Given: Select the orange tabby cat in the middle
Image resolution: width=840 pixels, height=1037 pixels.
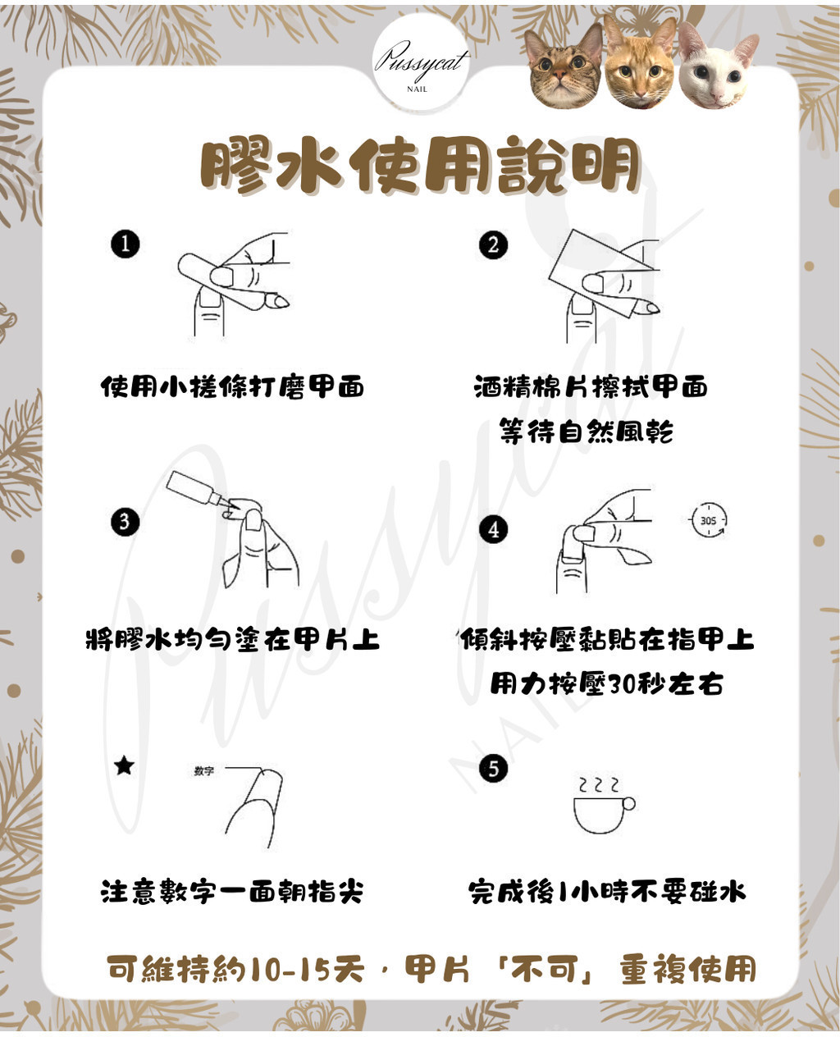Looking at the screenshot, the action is [x=640, y=62].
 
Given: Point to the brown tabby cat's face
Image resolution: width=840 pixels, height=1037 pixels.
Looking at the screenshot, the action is [x=565, y=66].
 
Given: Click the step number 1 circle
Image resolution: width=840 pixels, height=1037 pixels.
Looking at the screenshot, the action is [x=125, y=244].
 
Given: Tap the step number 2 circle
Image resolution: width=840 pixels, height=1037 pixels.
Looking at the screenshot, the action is [x=493, y=245].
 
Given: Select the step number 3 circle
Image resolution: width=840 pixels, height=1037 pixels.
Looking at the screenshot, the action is [x=125, y=522].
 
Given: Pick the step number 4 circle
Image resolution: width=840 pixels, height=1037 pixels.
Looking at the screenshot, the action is [x=494, y=529].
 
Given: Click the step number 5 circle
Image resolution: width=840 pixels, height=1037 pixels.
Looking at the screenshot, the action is [x=494, y=770].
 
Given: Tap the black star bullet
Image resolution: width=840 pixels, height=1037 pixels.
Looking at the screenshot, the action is [x=124, y=765].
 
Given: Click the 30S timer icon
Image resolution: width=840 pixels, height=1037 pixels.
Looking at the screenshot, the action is [x=708, y=520].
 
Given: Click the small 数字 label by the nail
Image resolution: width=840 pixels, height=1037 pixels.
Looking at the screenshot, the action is [x=204, y=770].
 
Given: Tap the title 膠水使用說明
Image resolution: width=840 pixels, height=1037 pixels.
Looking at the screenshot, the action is [x=419, y=165].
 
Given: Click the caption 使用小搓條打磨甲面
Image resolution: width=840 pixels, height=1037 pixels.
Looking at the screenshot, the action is [x=233, y=387].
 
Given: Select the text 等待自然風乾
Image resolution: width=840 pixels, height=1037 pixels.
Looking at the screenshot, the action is [x=586, y=432].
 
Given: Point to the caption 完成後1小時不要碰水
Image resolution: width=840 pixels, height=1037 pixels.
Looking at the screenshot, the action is [x=607, y=893].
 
